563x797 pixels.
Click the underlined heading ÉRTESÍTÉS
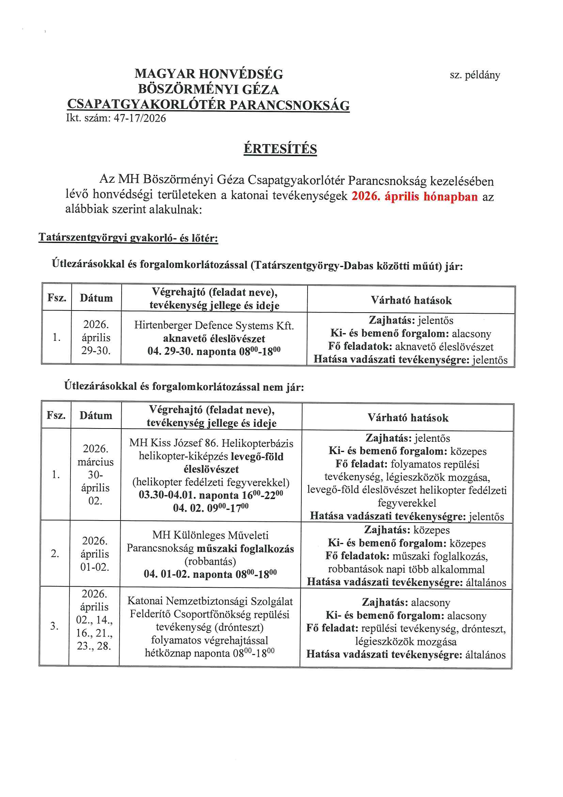[x=280, y=149]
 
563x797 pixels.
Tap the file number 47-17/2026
[x=140, y=118]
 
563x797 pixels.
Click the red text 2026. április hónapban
[x=415, y=196]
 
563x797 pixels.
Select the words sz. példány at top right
[x=474, y=75]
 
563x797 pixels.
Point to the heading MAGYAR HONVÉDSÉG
[x=209, y=74]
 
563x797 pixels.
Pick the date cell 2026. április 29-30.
[x=96, y=337]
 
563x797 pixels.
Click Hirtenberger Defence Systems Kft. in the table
[x=214, y=325]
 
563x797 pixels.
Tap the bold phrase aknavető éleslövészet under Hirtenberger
[x=214, y=339]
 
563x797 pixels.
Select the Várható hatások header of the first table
[x=411, y=300]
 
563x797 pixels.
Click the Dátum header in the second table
[x=96, y=416]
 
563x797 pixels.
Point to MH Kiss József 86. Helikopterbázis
[x=211, y=443]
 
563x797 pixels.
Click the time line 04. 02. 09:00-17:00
[x=210, y=508]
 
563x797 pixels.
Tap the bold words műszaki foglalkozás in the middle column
[x=245, y=548]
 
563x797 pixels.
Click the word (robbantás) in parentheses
[x=210, y=561]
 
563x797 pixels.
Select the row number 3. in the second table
[x=54, y=626]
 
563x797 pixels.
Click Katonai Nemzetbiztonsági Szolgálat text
[x=210, y=601]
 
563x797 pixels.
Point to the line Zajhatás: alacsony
[x=406, y=602]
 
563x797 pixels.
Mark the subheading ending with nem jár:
[x=184, y=386]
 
